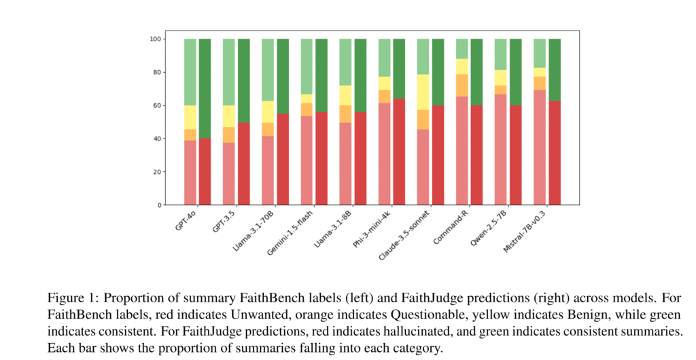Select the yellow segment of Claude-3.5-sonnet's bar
pos(423,92)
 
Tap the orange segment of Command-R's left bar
pos(462,86)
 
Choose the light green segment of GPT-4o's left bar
pos(190,72)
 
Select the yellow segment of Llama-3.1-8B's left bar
pos(345,95)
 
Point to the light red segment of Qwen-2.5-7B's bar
pos(501,149)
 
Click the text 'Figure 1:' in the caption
pos(69,299)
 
